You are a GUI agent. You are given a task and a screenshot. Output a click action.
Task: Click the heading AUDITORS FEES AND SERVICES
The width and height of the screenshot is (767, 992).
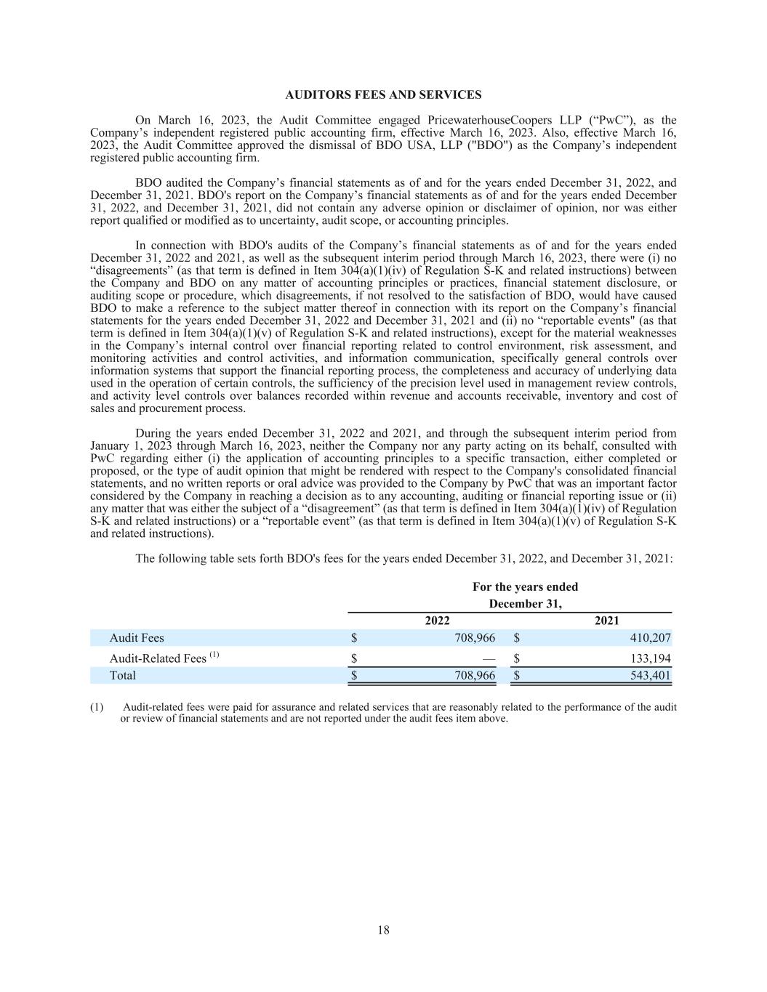click(x=383, y=95)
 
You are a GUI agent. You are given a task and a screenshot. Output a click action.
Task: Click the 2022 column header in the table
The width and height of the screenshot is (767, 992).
click(x=437, y=621)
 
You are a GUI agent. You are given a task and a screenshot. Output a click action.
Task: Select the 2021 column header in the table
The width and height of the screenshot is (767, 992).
click(x=607, y=621)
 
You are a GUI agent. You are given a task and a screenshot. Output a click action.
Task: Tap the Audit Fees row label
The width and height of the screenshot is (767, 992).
click(x=137, y=638)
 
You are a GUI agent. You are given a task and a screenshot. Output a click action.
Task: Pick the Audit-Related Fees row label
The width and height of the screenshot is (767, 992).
click(x=158, y=658)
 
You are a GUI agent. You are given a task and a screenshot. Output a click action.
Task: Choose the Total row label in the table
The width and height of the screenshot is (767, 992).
click(x=122, y=675)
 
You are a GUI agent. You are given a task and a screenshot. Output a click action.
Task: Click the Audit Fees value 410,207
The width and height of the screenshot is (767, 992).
click(x=650, y=638)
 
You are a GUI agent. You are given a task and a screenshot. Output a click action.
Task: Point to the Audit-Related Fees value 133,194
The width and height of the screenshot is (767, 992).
click(x=651, y=658)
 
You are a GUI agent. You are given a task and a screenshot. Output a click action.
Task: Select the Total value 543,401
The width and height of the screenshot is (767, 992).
click(x=651, y=675)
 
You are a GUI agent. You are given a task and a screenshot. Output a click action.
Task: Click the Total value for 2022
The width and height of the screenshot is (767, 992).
click(x=475, y=675)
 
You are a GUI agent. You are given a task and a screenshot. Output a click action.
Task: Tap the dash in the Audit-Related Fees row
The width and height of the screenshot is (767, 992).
click(x=489, y=658)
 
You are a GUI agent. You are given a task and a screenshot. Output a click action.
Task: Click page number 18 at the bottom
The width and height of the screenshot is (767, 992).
click(x=383, y=930)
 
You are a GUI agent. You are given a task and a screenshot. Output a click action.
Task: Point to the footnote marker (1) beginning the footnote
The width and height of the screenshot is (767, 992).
click(x=97, y=707)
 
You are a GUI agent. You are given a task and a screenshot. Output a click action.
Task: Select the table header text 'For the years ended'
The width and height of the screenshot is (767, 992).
click(x=525, y=587)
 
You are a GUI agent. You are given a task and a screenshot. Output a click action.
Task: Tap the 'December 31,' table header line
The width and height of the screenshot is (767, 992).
click(x=525, y=604)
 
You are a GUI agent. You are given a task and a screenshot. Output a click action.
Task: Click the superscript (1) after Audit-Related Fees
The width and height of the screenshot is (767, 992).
click(x=214, y=655)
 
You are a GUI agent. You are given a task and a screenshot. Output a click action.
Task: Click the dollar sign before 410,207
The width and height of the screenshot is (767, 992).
click(x=516, y=638)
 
